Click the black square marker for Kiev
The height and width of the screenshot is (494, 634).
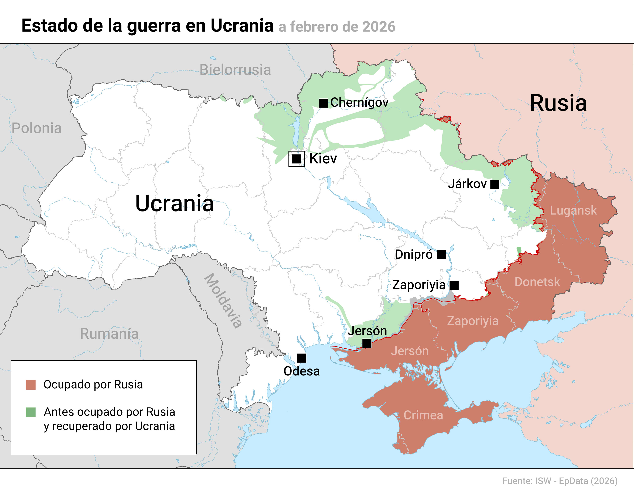[296, 159]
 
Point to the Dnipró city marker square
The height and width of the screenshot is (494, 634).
[441, 255]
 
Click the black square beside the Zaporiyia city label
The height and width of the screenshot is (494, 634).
[454, 285]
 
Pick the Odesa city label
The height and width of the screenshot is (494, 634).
[302, 371]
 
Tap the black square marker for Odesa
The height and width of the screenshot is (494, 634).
[302, 358]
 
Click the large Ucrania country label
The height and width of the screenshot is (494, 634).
[175, 203]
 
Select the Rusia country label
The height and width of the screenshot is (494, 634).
[558, 103]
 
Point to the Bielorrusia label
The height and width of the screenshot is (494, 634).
[235, 70]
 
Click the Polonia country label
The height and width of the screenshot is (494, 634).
[37, 128]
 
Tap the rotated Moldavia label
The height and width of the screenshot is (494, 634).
[223, 300]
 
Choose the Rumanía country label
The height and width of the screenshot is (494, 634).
[109, 333]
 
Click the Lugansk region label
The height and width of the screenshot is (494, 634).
[573, 210]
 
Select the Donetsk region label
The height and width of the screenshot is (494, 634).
[537, 282]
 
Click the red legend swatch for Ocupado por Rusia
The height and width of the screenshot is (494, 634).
[31, 385]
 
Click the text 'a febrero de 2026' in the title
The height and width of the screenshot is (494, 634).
[337, 27]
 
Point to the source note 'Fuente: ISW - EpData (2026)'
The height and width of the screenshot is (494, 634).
[560, 481]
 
